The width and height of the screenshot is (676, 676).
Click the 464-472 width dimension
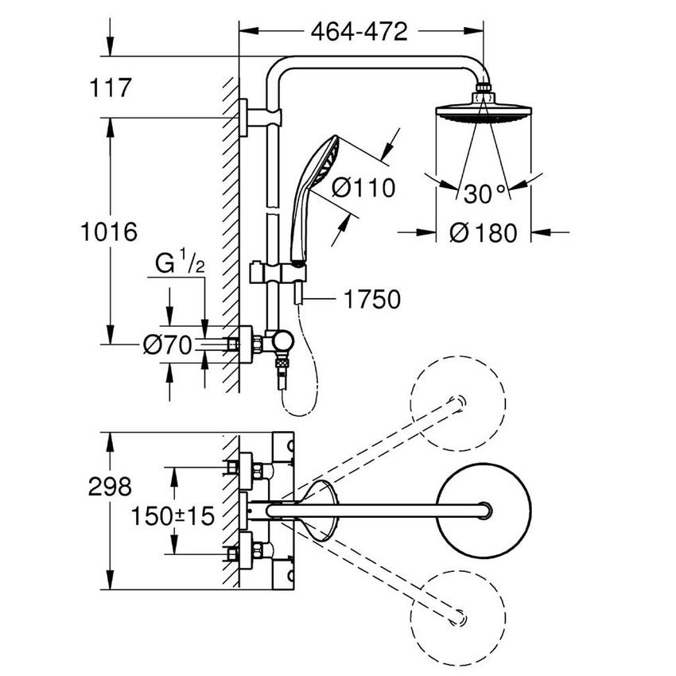point(359,32)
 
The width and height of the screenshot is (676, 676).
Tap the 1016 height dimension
point(109,231)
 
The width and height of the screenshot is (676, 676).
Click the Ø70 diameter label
point(168,344)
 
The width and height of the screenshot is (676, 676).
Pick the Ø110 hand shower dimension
point(363,188)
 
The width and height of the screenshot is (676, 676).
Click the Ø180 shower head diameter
point(483,232)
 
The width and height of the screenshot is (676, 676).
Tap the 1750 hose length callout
point(371,299)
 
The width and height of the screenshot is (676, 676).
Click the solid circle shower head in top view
point(484,509)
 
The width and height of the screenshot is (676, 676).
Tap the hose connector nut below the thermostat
point(281,368)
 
